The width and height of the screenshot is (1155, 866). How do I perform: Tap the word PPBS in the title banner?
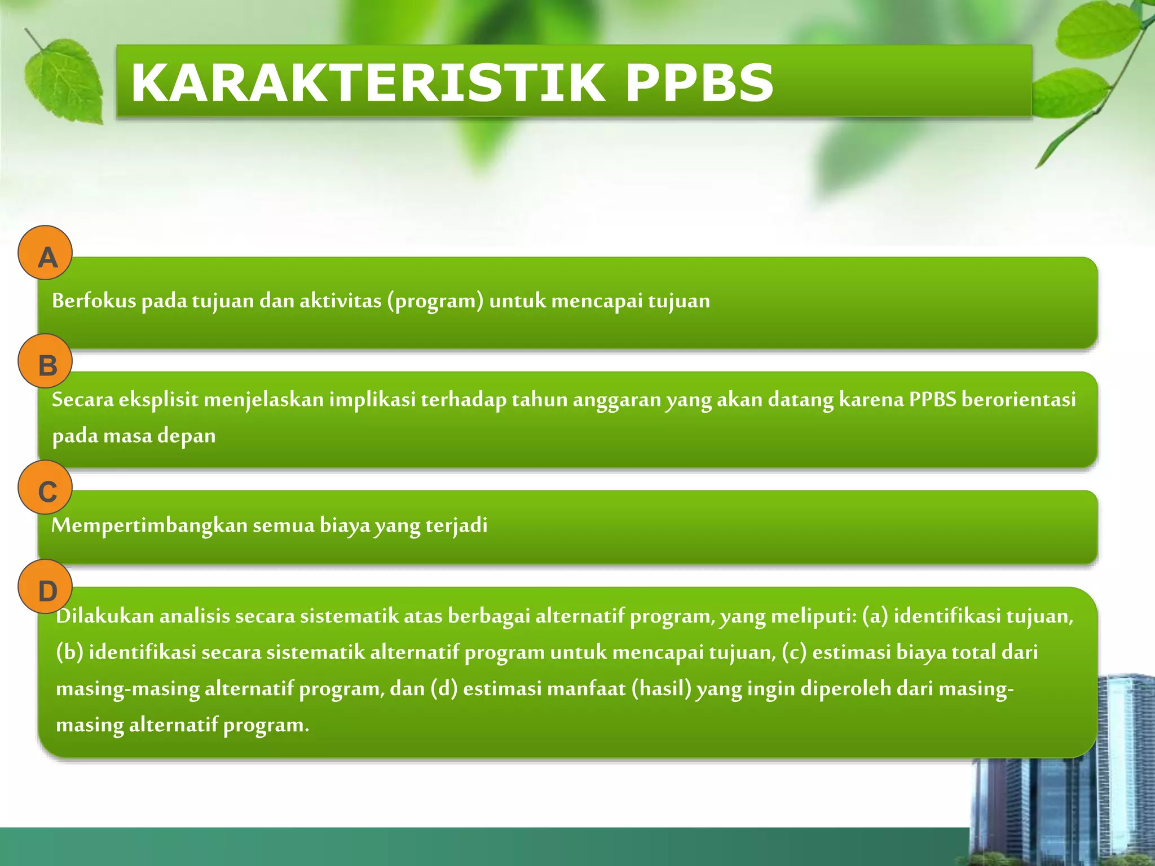(699, 83)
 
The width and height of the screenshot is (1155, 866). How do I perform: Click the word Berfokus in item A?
(94, 301)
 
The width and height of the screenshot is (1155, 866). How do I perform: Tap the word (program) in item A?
(435, 301)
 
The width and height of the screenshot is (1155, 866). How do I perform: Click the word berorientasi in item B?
(1019, 400)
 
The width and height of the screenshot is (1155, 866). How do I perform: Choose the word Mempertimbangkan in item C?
(149, 525)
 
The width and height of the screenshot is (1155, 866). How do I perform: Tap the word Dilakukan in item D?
(105, 616)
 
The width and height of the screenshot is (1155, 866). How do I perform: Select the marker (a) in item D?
(875, 616)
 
